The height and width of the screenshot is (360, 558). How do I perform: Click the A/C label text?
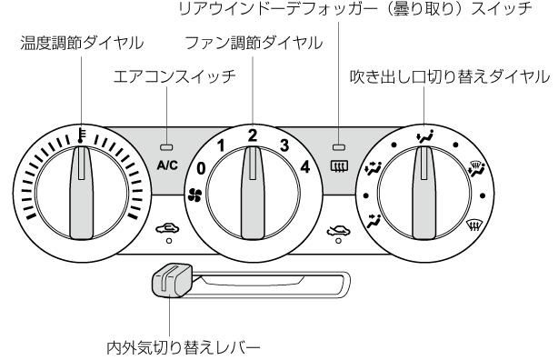[x=167, y=165]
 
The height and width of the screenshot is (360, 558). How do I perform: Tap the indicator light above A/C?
[x=166, y=146]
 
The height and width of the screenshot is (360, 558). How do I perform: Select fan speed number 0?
[x=201, y=168]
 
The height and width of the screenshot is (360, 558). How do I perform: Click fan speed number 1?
[x=222, y=145]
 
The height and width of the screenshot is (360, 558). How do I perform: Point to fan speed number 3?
[x=284, y=145]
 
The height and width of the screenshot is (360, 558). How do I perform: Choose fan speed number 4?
[x=305, y=166]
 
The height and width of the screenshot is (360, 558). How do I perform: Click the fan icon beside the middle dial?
[x=194, y=195]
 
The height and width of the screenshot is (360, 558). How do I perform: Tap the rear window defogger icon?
[x=340, y=165]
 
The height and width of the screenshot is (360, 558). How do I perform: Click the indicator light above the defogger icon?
[x=338, y=146]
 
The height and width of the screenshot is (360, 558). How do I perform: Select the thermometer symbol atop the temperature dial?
[x=82, y=135]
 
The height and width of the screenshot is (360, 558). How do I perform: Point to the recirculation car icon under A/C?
[x=167, y=228]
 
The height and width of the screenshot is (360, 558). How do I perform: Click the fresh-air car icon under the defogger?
[x=338, y=231]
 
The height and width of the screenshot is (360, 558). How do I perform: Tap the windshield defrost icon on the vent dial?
[x=474, y=225]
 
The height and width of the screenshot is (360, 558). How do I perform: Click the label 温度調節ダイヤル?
[x=82, y=43]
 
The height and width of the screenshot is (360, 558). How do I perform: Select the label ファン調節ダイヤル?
[x=254, y=43]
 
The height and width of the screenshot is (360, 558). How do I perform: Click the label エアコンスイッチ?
[x=174, y=76]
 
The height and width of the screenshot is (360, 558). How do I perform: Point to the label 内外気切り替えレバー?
[x=184, y=347]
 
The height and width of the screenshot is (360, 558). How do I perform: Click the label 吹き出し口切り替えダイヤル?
[x=450, y=76]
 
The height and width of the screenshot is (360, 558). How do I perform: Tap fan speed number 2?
[x=253, y=135]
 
